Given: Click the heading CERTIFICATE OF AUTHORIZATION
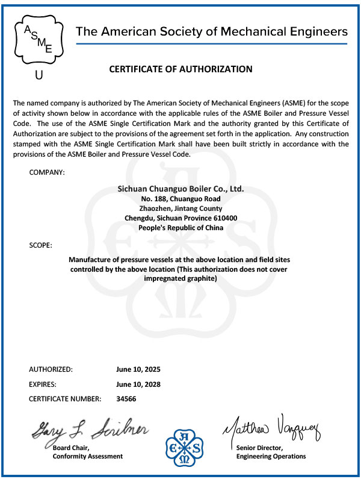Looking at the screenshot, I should coord(180,69).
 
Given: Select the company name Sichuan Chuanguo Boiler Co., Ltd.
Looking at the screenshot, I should coord(180,189).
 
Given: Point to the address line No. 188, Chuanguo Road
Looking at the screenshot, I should coord(180,199).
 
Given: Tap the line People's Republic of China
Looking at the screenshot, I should coord(180,228).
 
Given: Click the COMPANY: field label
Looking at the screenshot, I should coord(47,173).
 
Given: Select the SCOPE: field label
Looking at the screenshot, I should coord(40,245).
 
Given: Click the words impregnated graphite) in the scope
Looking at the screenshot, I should coord(180,279).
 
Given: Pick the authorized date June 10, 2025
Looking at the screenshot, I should coord(138,369).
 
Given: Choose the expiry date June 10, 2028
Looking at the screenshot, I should coord(138,384).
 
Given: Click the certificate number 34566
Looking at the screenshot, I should coord(126,399).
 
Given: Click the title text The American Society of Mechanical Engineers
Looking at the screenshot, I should coord(211,31).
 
